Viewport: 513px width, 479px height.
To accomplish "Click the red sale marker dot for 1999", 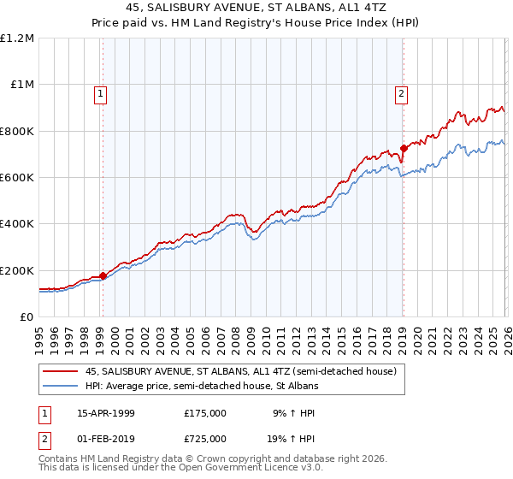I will pyautogui.click(x=103, y=275).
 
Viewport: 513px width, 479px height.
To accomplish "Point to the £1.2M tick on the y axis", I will pyautogui.click(x=17, y=38).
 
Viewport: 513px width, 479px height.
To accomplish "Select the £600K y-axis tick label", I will pyautogui.click(x=17, y=178).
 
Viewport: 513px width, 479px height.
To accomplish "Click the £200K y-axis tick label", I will pyautogui.click(x=17, y=270).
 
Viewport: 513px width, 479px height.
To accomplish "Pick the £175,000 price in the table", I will pyautogui.click(x=205, y=413).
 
